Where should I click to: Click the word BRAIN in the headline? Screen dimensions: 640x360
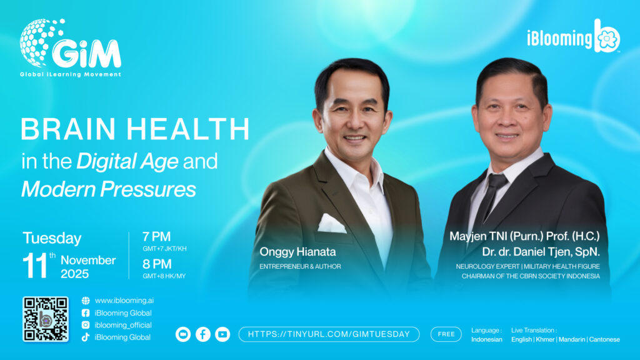(68, 129)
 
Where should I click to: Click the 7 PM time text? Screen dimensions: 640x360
(156, 237)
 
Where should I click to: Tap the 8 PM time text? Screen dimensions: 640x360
(157, 264)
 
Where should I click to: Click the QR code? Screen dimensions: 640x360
(45, 319)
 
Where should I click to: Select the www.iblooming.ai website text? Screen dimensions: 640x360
(124, 301)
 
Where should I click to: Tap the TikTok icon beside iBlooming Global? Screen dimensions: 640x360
(86, 337)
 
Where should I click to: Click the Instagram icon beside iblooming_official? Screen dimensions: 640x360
(86, 325)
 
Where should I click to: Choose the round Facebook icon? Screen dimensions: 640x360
(203, 334)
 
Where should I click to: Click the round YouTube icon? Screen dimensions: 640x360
(222, 334)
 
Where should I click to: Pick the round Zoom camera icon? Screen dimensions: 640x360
(183, 334)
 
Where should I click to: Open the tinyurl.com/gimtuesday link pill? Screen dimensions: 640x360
(329, 334)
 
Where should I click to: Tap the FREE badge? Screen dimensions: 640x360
(446, 334)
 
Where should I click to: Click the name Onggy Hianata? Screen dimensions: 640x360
(297, 252)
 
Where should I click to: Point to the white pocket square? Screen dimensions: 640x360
(332, 224)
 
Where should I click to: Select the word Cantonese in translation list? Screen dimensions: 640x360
(604, 339)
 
